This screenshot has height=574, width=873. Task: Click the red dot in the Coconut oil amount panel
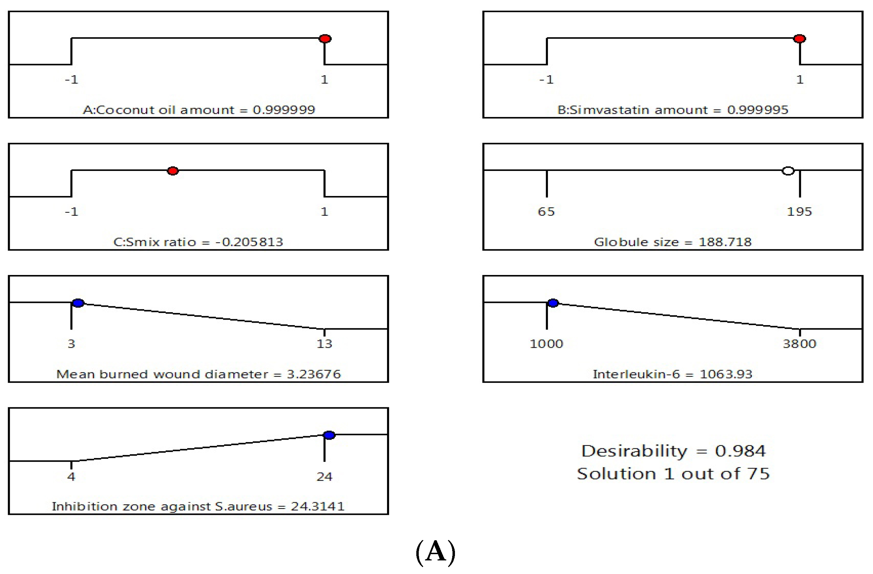point(325,39)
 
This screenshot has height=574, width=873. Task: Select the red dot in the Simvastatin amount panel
point(799,39)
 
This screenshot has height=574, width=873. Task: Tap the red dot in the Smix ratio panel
point(173,171)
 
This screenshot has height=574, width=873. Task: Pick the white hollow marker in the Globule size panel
point(788,171)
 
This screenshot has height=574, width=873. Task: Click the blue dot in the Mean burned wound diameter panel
point(78,303)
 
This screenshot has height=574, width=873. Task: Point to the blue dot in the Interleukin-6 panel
point(553,303)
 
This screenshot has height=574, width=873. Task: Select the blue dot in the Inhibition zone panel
point(329,435)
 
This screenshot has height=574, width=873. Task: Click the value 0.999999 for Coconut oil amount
point(284,110)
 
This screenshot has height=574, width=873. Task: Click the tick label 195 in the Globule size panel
point(799,212)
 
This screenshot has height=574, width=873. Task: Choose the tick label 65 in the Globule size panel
point(546,212)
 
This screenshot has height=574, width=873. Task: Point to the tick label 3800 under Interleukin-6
point(799,344)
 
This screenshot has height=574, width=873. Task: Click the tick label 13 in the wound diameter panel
point(324,344)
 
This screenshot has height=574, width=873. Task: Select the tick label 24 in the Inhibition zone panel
point(324,477)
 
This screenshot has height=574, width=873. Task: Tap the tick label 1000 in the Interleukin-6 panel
point(546,344)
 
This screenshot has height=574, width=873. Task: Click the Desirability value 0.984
point(740,451)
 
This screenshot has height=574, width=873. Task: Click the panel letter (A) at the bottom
point(436,552)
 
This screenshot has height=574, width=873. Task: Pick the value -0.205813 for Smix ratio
point(249,242)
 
